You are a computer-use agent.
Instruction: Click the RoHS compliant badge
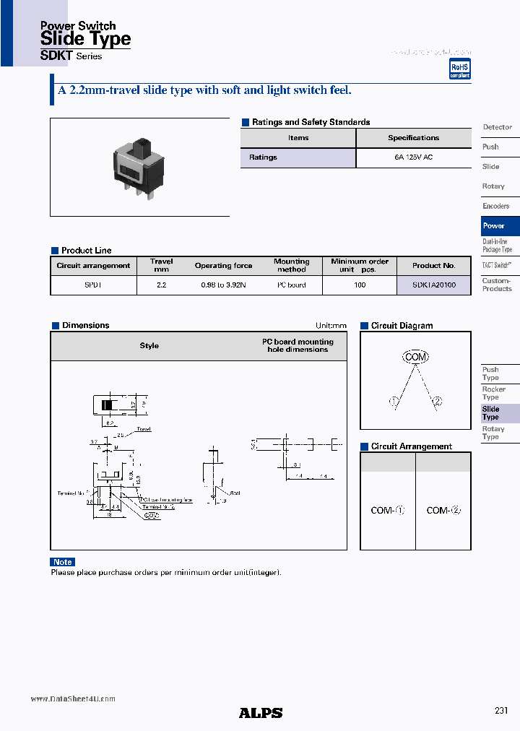coord(459,70)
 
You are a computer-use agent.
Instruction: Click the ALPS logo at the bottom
coord(261,712)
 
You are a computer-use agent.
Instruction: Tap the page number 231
coord(501,711)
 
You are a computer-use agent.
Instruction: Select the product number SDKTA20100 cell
coord(434,285)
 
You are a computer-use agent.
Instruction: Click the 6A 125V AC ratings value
coord(413,157)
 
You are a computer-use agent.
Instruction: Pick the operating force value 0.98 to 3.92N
coord(223,285)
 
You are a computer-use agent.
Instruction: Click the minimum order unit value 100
coord(360,285)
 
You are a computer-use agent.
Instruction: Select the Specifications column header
coord(413,138)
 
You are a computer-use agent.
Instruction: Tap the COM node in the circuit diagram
coord(415,357)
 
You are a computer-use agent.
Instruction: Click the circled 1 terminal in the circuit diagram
coord(394,402)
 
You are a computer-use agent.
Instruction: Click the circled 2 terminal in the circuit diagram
coord(436,402)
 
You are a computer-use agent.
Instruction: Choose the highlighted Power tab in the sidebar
coord(500,225)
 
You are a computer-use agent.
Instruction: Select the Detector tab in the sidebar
coord(497,127)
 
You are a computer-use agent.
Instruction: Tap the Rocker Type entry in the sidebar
coord(494,393)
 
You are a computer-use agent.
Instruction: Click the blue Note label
coord(63,562)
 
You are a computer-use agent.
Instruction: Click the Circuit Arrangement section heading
coord(411,446)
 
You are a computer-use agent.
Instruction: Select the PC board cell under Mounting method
coord(292,285)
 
